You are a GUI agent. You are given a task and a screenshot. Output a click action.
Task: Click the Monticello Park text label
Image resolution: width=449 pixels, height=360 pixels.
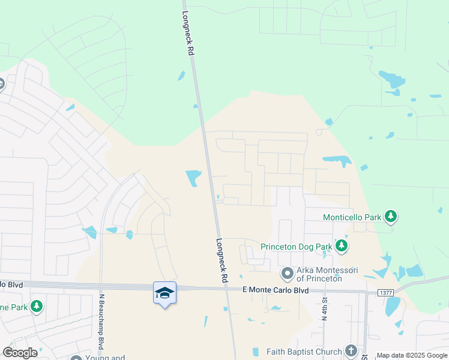click(x=352, y=217)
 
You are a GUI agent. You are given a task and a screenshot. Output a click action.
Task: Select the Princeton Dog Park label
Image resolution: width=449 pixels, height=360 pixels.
click(x=297, y=246)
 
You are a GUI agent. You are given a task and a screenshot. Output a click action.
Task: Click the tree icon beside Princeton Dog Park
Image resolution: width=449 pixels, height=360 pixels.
click(x=342, y=245)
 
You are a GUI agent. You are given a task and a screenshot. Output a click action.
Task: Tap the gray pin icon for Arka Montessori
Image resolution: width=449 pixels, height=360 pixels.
click(x=288, y=274)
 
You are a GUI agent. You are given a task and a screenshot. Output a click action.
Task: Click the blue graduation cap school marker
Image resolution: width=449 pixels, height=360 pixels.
click(x=164, y=293)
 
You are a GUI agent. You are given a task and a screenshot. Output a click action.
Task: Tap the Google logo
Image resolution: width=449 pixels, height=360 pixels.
click(x=20, y=353)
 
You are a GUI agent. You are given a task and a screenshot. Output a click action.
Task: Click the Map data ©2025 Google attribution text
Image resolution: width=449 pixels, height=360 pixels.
click(x=412, y=355)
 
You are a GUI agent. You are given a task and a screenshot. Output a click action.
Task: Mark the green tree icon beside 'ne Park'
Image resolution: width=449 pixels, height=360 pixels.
click(x=37, y=307)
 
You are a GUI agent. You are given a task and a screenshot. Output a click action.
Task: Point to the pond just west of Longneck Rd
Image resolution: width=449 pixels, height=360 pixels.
click(x=193, y=178)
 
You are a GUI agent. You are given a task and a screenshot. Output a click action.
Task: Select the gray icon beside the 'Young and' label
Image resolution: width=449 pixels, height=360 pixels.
click(x=76, y=358)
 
